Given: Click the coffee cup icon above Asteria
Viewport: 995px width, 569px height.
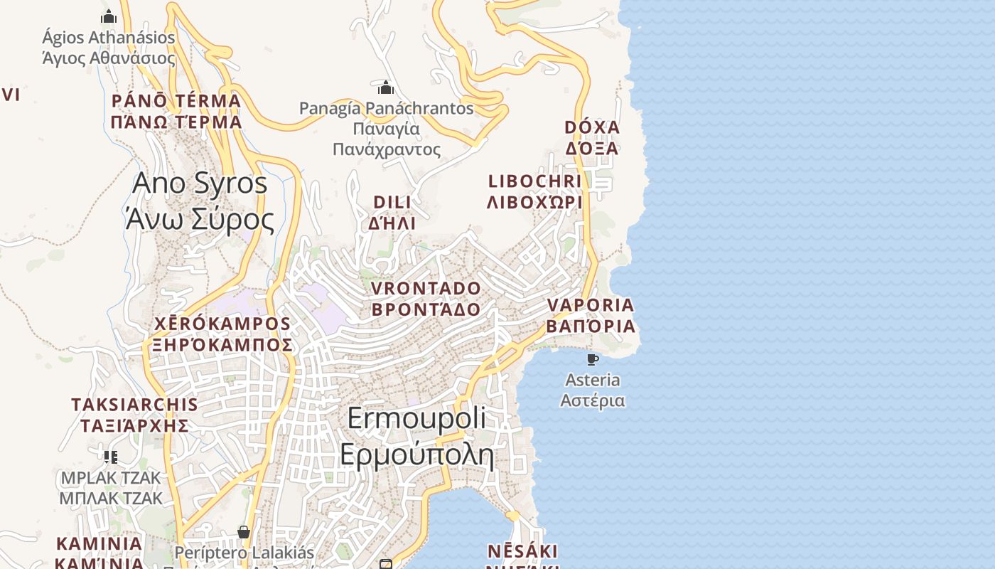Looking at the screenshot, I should coord(592,359).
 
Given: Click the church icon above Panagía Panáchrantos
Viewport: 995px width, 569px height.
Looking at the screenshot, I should coord(386,87).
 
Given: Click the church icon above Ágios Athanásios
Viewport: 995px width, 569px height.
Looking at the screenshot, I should coord(109,16).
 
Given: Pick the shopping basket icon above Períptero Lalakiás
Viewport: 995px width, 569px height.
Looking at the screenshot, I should coord(244,532).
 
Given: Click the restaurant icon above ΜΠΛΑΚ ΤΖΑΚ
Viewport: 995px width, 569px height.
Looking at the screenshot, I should coord(110,457).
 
